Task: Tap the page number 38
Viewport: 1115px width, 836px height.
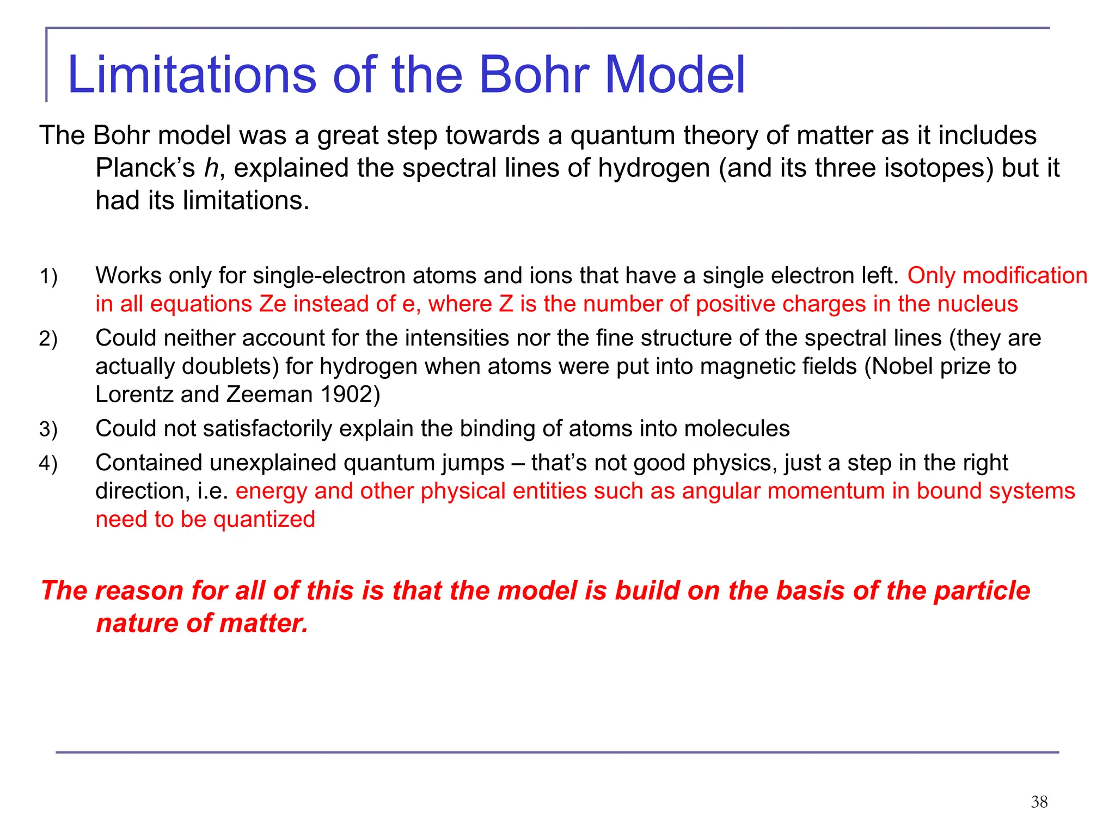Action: (1039, 802)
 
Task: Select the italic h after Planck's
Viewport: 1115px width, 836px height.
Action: (211, 168)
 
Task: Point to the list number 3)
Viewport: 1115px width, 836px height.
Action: (48, 430)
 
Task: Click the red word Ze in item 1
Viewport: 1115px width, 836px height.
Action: (272, 304)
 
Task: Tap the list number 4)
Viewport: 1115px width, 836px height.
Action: (48, 464)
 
